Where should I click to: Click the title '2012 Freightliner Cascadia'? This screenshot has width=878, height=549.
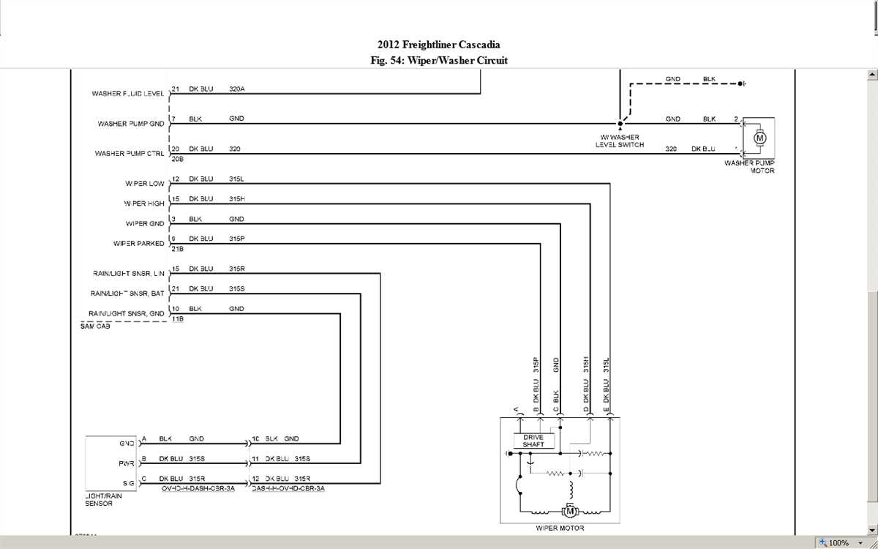[x=439, y=45]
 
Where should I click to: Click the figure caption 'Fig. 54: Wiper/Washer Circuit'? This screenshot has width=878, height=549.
[x=439, y=61]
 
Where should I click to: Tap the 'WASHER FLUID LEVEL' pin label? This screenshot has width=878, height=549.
[x=128, y=94]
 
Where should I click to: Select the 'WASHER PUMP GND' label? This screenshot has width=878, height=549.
[x=131, y=124]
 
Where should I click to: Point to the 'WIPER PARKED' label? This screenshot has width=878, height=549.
[x=139, y=244]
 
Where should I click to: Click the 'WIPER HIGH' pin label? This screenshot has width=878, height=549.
[x=144, y=203]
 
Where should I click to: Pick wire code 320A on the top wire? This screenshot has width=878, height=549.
[x=236, y=89]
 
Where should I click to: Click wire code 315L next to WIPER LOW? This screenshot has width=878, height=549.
[x=236, y=179]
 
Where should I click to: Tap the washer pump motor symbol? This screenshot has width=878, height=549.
[x=759, y=138]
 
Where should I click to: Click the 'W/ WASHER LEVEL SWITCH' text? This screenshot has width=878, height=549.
[x=620, y=141]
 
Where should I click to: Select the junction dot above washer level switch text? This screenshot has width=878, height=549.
[x=620, y=124]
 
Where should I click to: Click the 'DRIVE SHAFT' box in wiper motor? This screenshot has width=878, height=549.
[x=533, y=441]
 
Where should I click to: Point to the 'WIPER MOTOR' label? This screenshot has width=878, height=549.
[x=560, y=528]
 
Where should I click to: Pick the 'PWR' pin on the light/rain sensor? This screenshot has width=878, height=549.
[x=127, y=463]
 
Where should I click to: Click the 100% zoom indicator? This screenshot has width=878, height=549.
[x=838, y=542]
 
